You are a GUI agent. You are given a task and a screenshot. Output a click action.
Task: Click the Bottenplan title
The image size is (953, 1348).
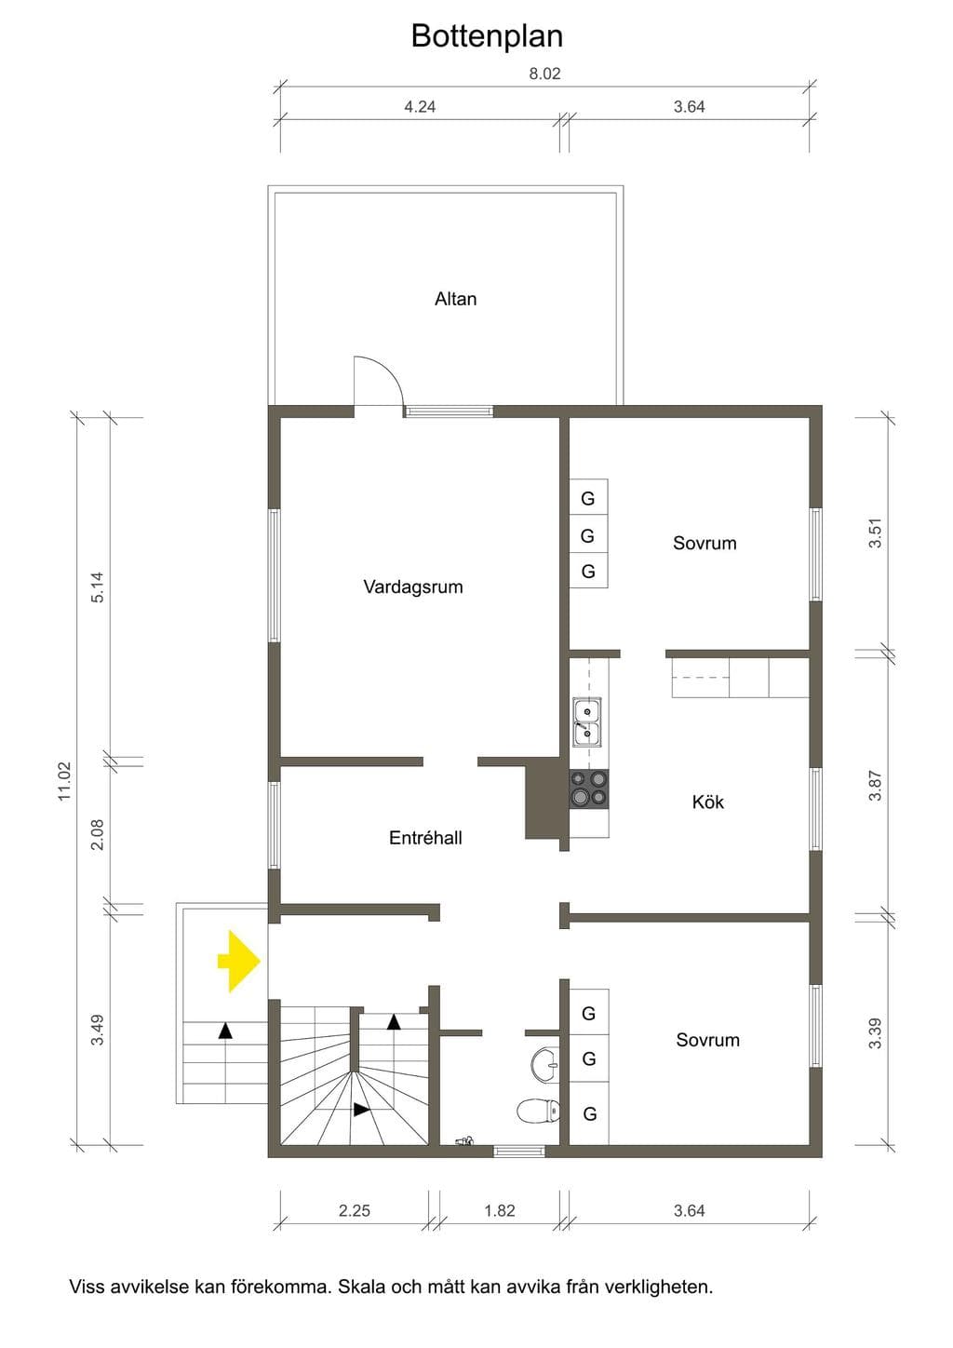pos(487,36)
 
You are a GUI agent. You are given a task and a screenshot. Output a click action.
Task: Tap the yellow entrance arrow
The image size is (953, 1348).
pos(239,961)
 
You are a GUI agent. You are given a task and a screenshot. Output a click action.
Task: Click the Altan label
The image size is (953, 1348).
pos(455,299)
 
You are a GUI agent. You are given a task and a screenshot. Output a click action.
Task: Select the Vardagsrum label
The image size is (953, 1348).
pos(412,586)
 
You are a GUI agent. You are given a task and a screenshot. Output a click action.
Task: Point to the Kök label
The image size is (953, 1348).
pos(707,802)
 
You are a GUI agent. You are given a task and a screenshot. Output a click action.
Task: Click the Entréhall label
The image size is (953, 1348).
pos(425,838)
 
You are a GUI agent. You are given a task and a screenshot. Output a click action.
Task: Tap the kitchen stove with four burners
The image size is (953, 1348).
pos(589,789)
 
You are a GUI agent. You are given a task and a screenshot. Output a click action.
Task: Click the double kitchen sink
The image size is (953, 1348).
pos(586,722)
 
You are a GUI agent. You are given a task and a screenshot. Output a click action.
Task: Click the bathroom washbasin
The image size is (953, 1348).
pos(545,1065)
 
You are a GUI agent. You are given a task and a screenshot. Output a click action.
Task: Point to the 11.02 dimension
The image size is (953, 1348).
pos(64,781)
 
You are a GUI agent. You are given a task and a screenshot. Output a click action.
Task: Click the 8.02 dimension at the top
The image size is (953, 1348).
pos(544,74)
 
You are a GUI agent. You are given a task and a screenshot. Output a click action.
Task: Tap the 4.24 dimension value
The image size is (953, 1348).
pos(420,106)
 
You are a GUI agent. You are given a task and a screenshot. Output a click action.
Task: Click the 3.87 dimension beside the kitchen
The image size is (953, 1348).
pos(876,786)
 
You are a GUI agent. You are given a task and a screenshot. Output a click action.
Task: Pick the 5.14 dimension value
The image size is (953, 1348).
pos(98,587)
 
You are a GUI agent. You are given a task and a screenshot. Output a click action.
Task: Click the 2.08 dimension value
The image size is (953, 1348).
pos(98,835)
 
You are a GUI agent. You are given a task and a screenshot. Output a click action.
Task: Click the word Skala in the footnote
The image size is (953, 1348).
pos(362,1287)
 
